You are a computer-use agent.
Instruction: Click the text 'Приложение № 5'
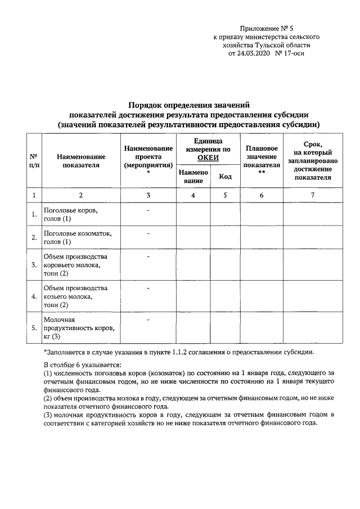[267, 27]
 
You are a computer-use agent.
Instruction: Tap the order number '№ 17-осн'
[290, 54]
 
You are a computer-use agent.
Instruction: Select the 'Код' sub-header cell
[225, 177]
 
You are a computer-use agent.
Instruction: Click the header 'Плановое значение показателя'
[262, 157]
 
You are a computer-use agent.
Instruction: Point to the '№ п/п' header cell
[34, 161]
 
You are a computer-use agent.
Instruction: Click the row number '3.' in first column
[34, 264]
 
